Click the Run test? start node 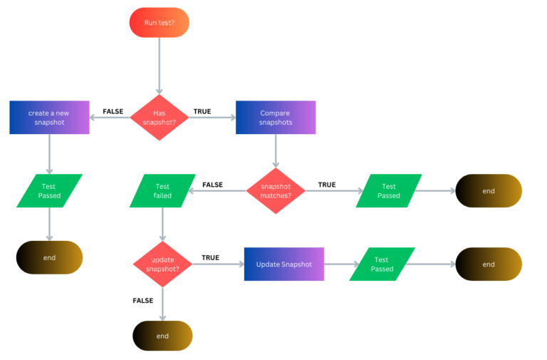pos(159,22)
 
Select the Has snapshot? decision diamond pos(160,117)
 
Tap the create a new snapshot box pos(49,117)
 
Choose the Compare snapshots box pos(275,117)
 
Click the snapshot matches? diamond pos(276,190)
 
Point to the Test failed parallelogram pos(162,190)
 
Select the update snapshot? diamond pos(163,264)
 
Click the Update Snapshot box pos(283,264)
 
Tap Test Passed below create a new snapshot pos(49,190)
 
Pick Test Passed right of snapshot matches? pos(388,190)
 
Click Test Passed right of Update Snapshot pos(382,264)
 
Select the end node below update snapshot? pos(162,336)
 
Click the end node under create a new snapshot pos(49,257)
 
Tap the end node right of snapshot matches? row pos(489,190)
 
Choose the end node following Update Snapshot pos(489,264)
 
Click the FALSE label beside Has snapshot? pos(113,111)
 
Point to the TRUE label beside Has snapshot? pos(202,111)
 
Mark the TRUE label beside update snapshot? pos(210,257)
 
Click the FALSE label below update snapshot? pos(143,300)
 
